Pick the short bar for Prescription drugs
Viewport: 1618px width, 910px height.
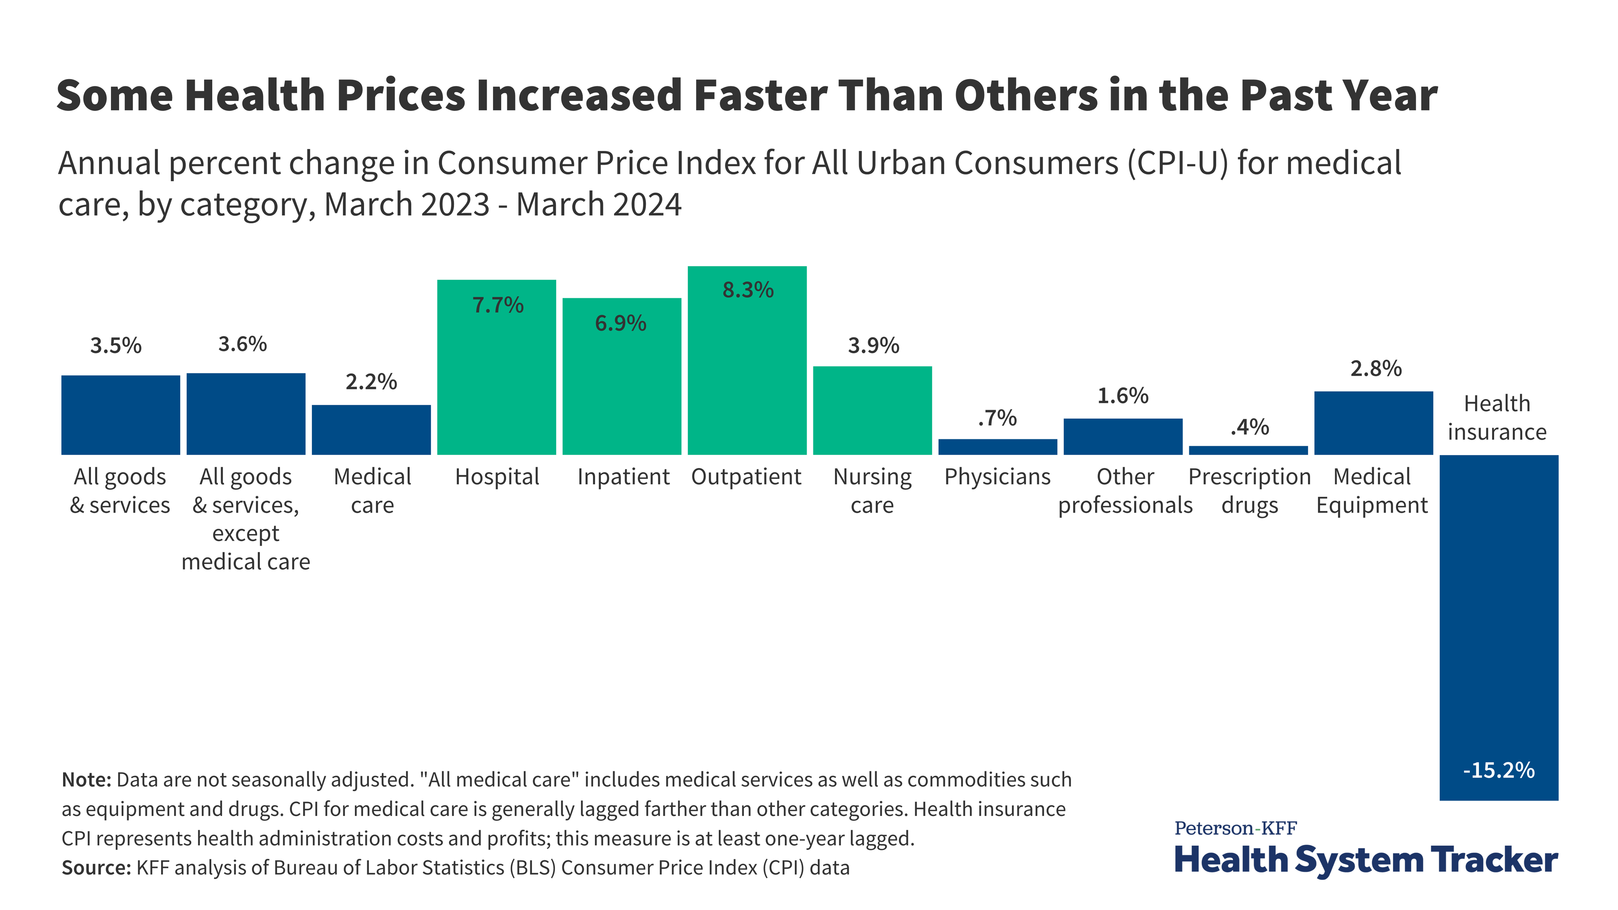(x=1248, y=450)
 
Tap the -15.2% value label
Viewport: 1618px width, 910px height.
(x=1499, y=770)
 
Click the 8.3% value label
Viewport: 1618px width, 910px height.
(x=748, y=290)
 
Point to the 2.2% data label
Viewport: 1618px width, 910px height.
(x=371, y=382)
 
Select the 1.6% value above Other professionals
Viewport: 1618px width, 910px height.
(x=1123, y=396)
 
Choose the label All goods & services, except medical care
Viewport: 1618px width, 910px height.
(x=246, y=519)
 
